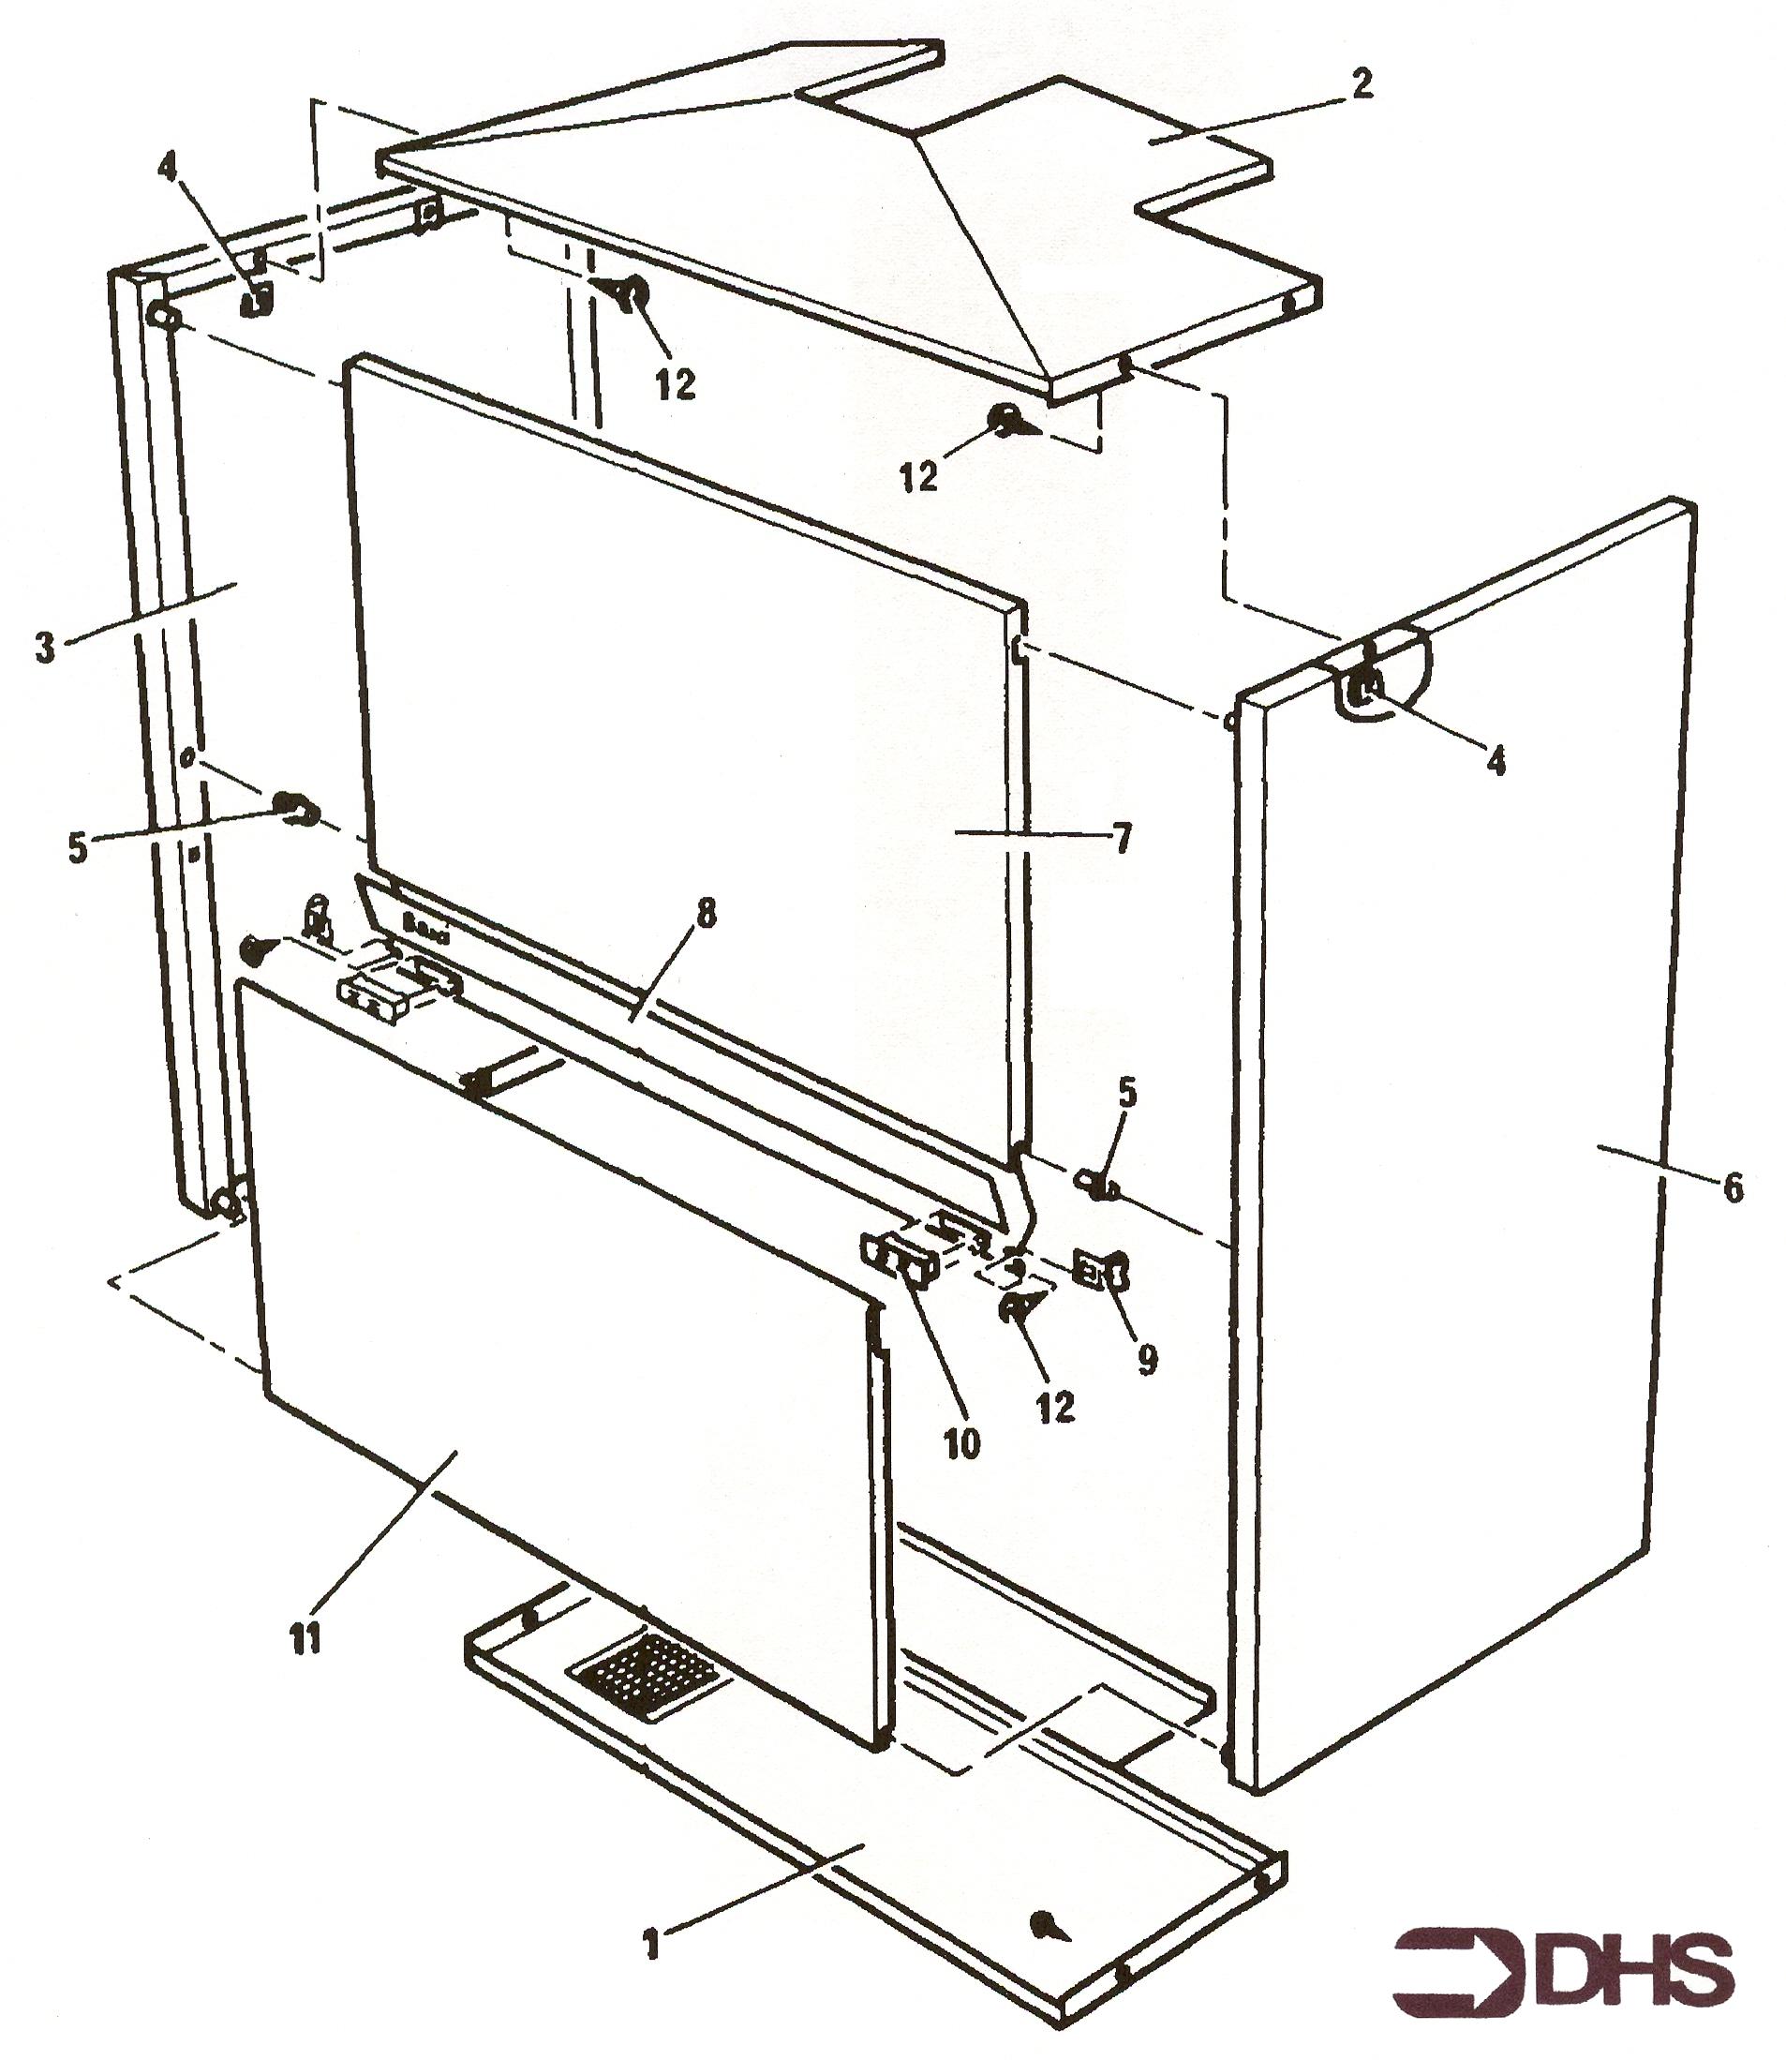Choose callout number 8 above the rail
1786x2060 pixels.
706,916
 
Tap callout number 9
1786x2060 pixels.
1147,1359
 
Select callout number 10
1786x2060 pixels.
961,1443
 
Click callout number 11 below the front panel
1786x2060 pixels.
305,1637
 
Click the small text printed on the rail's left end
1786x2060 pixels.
425,919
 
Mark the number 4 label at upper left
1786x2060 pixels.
168,168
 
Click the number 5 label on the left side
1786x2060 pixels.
78,848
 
